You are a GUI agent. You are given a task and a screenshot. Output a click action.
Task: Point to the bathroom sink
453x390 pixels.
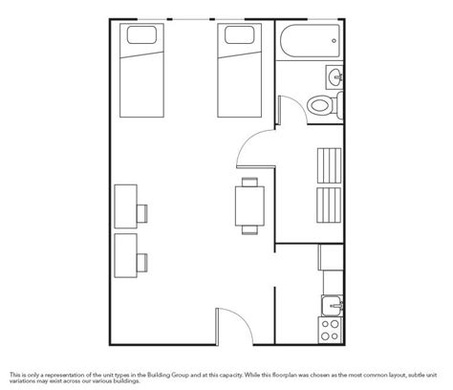click(334, 76)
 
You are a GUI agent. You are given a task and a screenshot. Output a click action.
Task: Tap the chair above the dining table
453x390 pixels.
click(250, 180)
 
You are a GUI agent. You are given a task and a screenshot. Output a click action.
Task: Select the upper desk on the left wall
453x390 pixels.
click(123, 205)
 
